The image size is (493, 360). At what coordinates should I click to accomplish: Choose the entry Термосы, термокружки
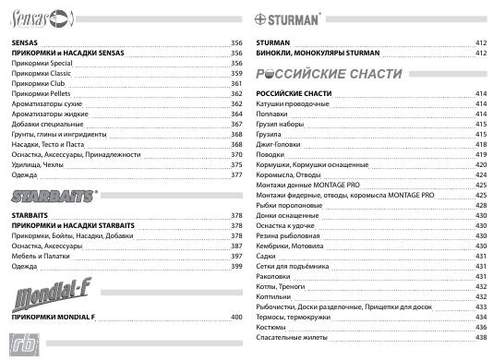(295, 317)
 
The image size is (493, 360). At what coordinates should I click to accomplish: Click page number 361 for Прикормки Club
(236, 83)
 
